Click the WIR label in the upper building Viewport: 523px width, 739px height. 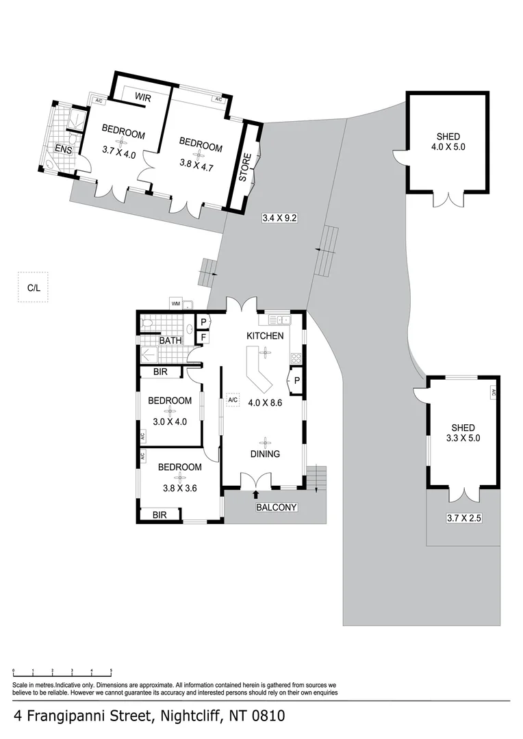[142, 98]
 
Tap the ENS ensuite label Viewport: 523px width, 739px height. [64, 149]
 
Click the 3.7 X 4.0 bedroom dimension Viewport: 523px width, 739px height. [119, 155]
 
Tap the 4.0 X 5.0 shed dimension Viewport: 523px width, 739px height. [448, 146]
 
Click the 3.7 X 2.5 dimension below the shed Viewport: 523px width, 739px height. [464, 519]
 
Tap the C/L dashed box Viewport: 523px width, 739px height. [34, 288]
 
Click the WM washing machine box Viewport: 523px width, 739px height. [176, 303]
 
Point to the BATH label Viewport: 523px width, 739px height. [170, 340]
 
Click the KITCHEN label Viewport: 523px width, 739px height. [265, 336]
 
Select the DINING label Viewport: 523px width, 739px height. [264, 454]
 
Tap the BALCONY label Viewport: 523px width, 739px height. [276, 507]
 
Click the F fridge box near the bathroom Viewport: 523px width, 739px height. [203, 337]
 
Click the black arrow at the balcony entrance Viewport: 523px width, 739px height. [257, 494]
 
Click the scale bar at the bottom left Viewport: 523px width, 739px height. [62, 673]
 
